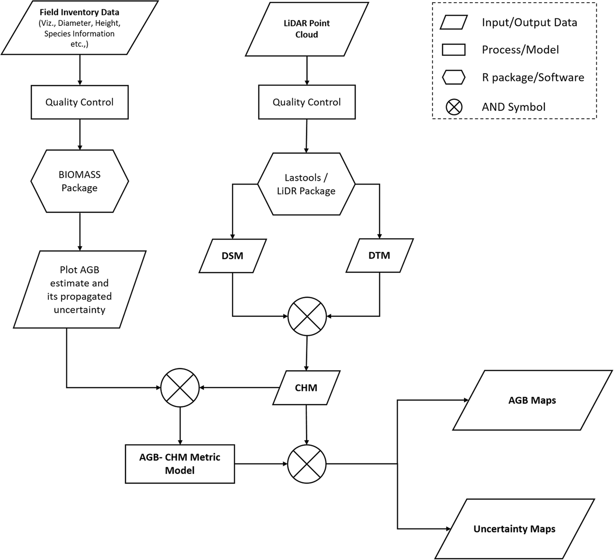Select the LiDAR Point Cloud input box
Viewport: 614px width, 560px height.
coord(307,29)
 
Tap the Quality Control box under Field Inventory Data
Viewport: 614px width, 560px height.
coord(80,102)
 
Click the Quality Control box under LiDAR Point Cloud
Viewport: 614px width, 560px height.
coord(307,102)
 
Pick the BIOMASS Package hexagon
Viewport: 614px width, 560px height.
coord(80,181)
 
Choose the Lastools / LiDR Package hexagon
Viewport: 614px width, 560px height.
coord(306,184)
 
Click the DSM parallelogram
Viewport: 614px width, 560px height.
coord(232,256)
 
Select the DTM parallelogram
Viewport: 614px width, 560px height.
coord(379,255)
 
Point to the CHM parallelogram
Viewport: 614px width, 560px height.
coord(306,388)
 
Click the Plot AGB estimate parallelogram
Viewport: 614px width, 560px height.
coord(80,290)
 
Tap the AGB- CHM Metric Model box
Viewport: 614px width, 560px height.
coord(180,464)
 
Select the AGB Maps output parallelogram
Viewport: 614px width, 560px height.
coord(532,400)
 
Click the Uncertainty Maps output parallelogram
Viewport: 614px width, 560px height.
coord(514,529)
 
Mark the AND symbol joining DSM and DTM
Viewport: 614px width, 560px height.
coord(307,316)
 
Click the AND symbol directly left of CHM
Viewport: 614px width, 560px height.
coord(180,388)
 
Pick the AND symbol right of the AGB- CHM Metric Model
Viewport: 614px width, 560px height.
coord(307,464)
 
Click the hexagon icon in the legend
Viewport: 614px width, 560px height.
coord(453,78)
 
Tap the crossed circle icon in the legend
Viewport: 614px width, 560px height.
coord(453,107)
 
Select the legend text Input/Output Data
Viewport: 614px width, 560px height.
coord(529,23)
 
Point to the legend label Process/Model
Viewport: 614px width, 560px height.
coord(520,50)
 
